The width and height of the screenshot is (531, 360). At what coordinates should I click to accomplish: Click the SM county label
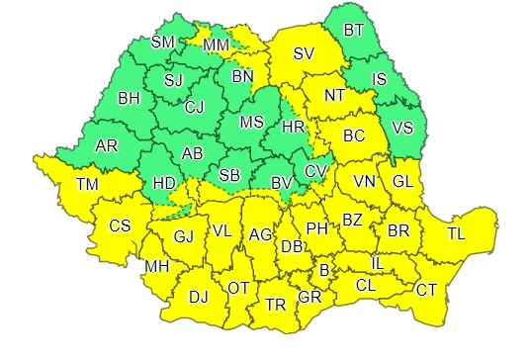pos(165,43)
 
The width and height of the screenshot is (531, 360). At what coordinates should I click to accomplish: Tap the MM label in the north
pos(217,45)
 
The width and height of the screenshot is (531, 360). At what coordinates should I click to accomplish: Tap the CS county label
pos(120,226)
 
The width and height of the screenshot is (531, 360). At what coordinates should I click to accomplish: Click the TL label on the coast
pos(456,234)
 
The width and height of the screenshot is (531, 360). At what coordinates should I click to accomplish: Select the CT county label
pos(426,290)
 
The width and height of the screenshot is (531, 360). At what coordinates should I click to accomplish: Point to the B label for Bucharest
pos(323,269)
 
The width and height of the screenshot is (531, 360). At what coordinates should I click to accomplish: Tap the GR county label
pos(310,297)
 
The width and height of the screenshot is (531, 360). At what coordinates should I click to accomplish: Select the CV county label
pos(315,172)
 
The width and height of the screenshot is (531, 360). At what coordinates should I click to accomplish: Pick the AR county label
pos(107,146)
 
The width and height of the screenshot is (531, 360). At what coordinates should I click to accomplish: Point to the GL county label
pos(402,181)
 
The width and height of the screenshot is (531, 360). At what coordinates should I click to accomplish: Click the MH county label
pos(156,267)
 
